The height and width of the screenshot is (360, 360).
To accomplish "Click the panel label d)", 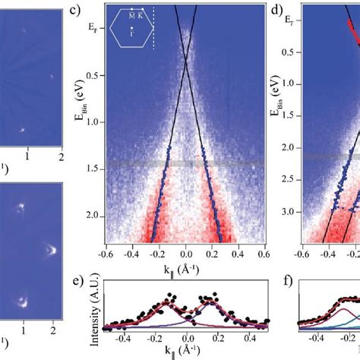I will [277, 11].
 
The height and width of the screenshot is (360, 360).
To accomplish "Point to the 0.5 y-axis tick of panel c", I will [95, 76].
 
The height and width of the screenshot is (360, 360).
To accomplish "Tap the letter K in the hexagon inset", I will [142, 14].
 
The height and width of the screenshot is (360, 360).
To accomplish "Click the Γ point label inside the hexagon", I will [132, 34].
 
